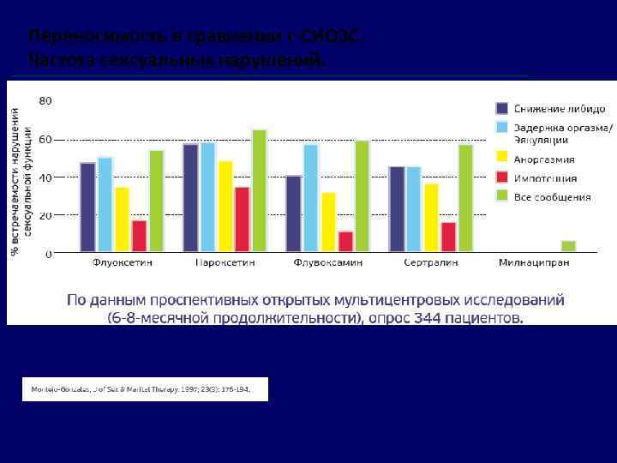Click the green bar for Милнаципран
point(568,247)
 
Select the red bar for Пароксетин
point(242,219)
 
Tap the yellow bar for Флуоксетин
point(123,219)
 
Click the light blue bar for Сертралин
point(414,209)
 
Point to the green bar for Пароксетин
point(259,191)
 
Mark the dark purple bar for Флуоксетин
point(87,207)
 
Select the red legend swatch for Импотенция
point(502,177)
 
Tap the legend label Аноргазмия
point(544,159)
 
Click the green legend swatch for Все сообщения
point(502,196)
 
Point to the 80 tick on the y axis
point(45,100)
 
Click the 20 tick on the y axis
point(45,215)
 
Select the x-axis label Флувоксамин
point(327,262)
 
